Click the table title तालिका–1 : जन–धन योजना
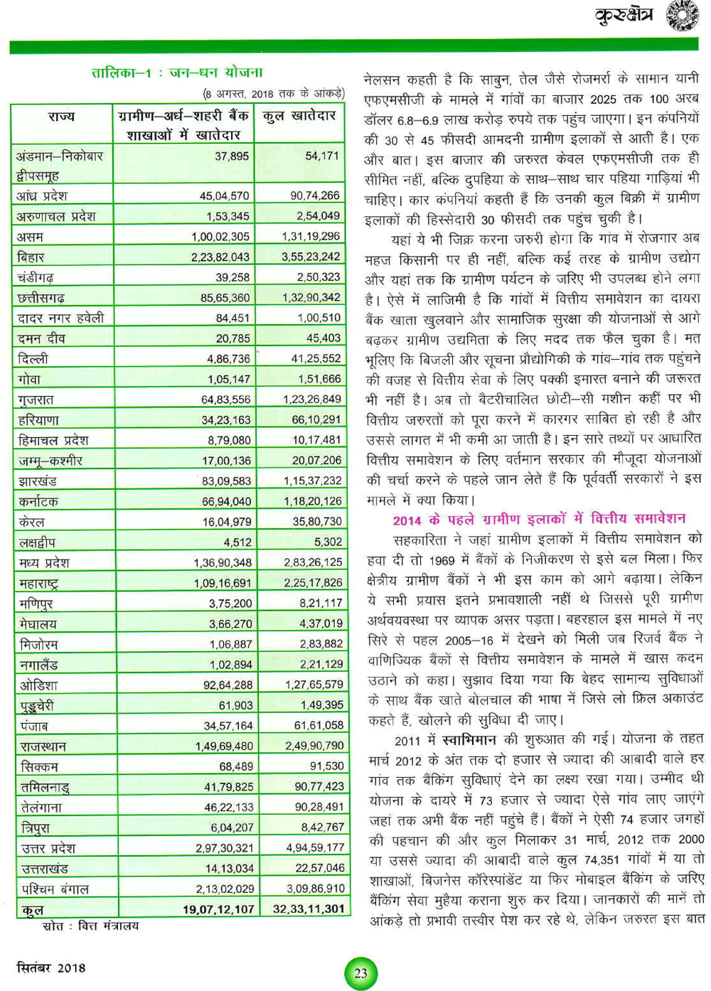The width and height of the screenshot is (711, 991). pyautogui.click(x=177, y=73)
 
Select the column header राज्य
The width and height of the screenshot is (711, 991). pyautogui.click(x=61, y=117)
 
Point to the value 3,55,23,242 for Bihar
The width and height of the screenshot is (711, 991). pyautogui.click(x=311, y=257)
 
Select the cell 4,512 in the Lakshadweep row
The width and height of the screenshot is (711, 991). pyautogui.click(x=237, y=542)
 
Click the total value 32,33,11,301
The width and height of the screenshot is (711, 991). pyautogui.click(x=309, y=909)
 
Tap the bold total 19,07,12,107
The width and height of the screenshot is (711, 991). pyautogui.click(x=218, y=909)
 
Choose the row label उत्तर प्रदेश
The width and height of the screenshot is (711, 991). pyautogui.click(x=48, y=848)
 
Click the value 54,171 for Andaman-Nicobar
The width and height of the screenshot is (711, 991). pyautogui.click(x=322, y=156)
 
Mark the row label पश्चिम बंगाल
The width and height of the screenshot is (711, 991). pyautogui.click(x=55, y=889)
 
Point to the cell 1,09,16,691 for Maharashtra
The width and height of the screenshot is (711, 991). pyautogui.click(x=223, y=583)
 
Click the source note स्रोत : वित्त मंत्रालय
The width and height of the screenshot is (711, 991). pyautogui.click(x=91, y=926)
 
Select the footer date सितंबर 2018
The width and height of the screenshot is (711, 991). pyautogui.click(x=51, y=968)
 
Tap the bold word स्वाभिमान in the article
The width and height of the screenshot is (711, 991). pyautogui.click(x=469, y=739)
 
